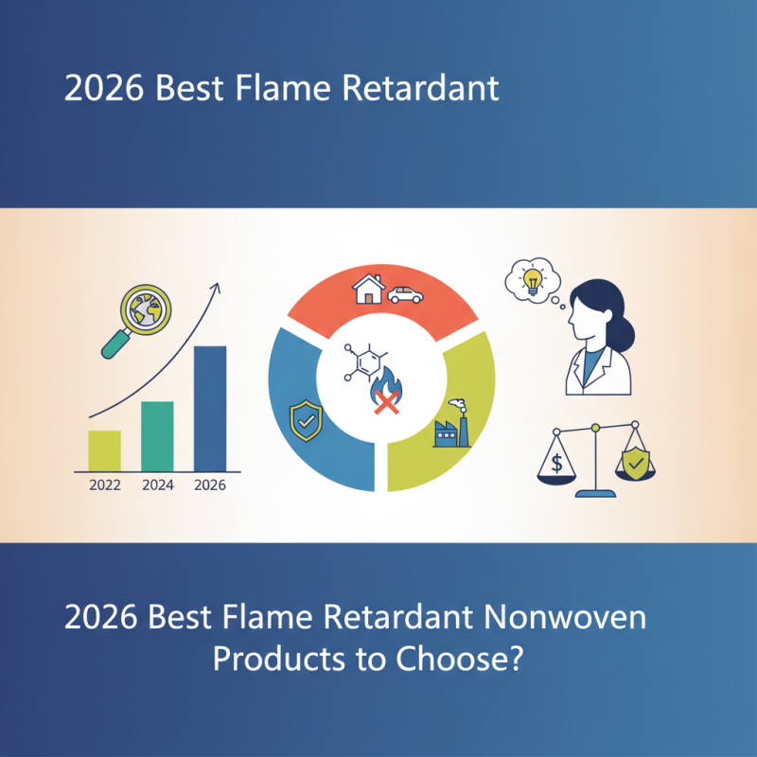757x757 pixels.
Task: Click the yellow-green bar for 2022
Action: (104, 450)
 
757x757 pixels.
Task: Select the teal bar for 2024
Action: (157, 436)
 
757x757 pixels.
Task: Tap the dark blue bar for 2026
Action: (210, 409)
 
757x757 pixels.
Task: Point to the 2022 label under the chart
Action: (104, 486)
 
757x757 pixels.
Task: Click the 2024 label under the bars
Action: (157, 486)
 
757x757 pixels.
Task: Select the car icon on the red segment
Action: (405, 295)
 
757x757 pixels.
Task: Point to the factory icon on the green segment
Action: (451, 431)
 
